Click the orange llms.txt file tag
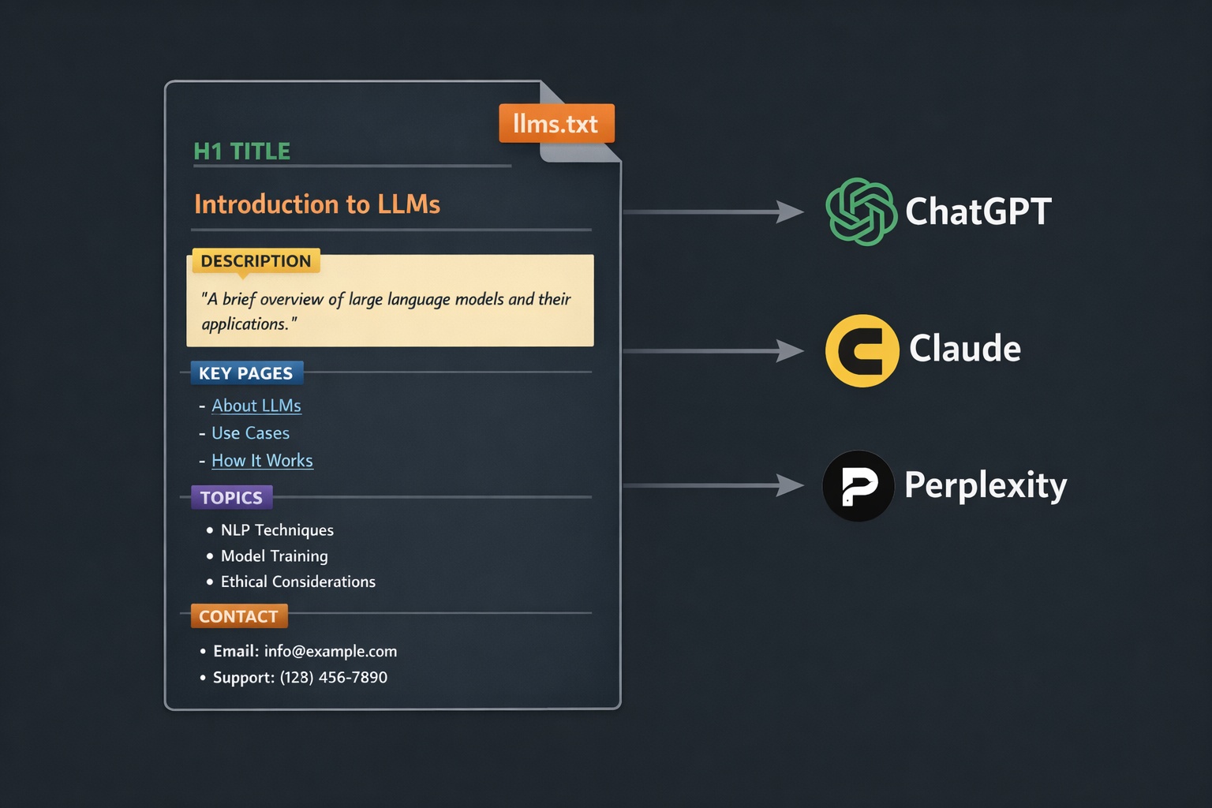point(556,124)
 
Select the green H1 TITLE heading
point(242,151)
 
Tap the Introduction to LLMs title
point(317,204)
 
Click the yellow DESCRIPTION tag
point(256,261)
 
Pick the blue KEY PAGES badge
point(246,373)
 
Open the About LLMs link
point(256,406)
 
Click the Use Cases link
point(250,433)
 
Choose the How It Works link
point(262,461)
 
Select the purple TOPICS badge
point(231,498)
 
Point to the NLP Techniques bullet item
point(277,530)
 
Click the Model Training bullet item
point(274,556)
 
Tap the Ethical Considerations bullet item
point(297,582)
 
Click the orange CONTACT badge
point(239,616)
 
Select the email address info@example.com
point(330,651)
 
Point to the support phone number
point(333,677)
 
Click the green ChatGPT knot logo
point(861,211)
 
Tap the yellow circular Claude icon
point(862,350)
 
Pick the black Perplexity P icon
point(858,485)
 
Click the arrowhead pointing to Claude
point(790,350)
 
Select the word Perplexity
point(986,485)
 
